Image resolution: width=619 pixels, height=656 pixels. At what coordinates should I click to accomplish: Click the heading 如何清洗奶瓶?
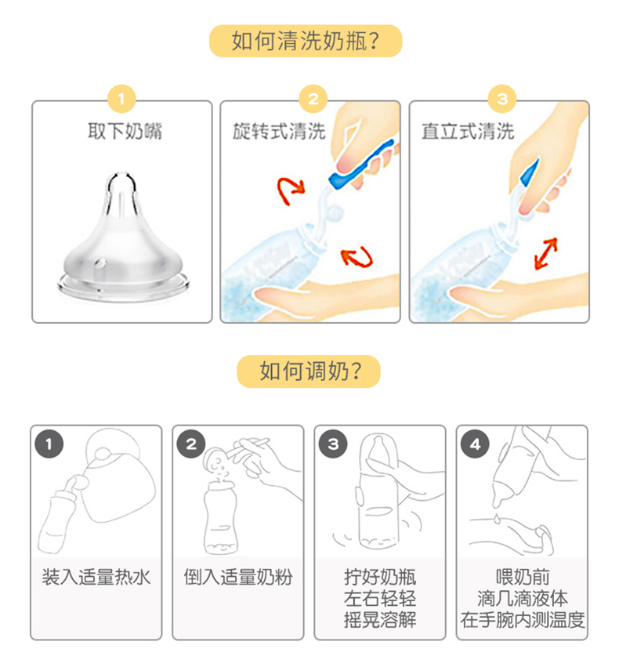coord(306,41)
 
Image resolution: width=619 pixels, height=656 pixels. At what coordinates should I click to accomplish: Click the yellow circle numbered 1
coord(121,99)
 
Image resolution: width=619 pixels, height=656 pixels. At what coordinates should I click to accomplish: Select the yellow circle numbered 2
coord(313,99)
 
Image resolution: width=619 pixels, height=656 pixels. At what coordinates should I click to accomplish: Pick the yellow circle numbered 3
coord(502,99)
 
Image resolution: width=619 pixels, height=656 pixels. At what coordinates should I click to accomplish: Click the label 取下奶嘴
coord(125,131)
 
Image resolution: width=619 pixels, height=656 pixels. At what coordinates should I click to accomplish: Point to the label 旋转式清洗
coord(280,131)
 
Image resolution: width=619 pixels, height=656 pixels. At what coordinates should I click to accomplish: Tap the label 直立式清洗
coord(468,131)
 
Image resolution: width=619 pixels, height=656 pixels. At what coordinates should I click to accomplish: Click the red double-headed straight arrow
coord(546,253)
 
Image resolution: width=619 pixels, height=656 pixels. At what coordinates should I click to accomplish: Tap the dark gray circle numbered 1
coord(49,444)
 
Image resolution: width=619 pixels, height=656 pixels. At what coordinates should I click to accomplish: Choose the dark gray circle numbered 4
coord(475,444)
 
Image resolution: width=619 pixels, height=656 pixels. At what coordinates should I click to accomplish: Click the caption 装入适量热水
coord(96,578)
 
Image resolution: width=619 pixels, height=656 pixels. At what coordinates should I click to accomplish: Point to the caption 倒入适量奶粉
coord(238,578)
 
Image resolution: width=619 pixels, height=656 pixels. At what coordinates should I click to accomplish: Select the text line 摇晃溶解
coord(380,620)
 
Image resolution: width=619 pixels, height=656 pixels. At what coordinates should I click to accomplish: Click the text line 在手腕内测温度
coord(523,620)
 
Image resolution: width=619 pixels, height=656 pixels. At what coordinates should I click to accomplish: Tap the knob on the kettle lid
coord(103,454)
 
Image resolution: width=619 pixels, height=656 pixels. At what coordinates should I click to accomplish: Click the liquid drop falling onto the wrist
coord(497,519)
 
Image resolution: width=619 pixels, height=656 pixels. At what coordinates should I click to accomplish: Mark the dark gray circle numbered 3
coord(333,444)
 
